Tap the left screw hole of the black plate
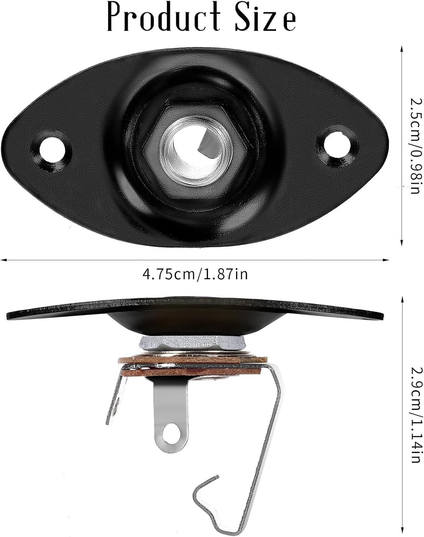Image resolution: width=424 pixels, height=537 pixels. click(54, 151)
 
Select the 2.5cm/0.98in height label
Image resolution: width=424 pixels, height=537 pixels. click(416, 146)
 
